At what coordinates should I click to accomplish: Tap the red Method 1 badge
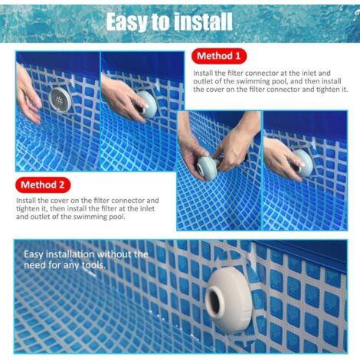coord(219,56)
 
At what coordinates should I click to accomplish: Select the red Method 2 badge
coord(43,185)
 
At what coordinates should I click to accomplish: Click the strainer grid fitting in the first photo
coord(61,100)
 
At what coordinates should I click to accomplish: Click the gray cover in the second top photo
coord(147,104)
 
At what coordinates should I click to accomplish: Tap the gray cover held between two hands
coord(207,168)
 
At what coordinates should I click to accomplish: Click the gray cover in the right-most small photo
coord(304,162)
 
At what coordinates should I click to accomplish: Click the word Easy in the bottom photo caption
coord(34,255)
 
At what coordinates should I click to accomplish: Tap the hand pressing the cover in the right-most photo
coord(283,156)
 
